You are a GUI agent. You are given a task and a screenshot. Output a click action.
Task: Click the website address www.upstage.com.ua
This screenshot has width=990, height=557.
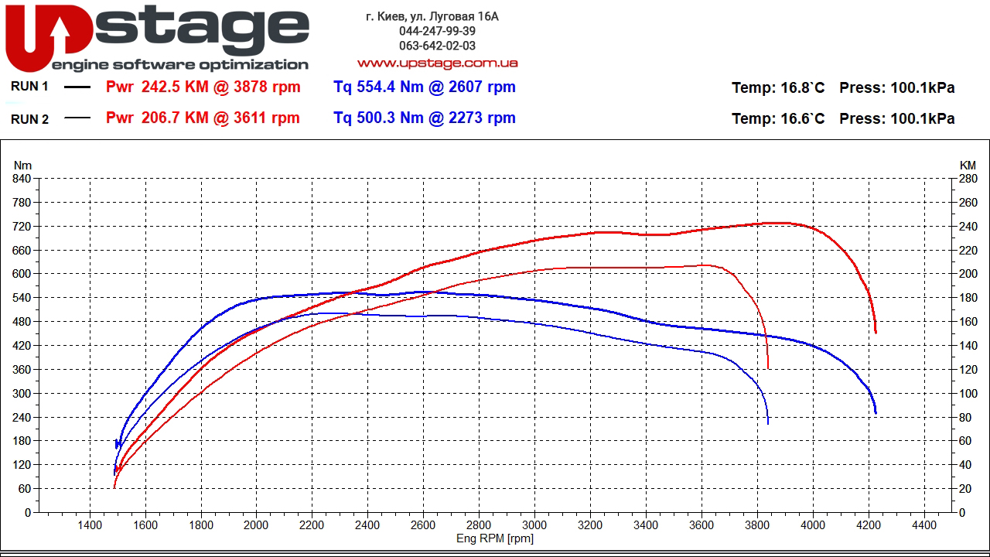click(x=437, y=63)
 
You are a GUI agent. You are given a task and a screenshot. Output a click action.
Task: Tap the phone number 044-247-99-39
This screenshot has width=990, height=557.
click(x=437, y=31)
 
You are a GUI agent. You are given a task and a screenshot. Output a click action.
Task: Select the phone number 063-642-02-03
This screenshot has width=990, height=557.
click(x=437, y=46)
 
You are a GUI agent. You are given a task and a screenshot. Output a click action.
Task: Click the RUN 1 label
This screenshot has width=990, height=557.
click(x=29, y=87)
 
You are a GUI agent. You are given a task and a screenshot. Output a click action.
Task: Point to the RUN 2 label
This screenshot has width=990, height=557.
click(x=29, y=118)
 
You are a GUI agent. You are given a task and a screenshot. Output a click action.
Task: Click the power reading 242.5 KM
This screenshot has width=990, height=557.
click(x=175, y=87)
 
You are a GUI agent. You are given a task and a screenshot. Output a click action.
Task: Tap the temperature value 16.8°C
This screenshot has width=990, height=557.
click(x=802, y=87)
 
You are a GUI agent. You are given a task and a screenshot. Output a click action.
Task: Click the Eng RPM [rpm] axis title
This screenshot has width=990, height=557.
click(x=495, y=538)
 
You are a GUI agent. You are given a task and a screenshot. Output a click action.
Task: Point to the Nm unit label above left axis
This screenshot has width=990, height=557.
click(x=23, y=165)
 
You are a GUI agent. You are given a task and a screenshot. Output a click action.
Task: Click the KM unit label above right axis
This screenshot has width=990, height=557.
click(x=968, y=165)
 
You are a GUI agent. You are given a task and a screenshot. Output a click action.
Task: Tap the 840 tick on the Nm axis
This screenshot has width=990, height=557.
click(x=22, y=179)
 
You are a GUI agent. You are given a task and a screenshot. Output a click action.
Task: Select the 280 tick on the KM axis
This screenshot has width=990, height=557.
click(x=968, y=179)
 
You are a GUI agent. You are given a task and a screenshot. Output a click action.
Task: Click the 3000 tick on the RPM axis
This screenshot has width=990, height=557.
click(x=534, y=525)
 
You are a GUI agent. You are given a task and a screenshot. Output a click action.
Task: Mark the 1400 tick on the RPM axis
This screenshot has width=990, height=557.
click(x=90, y=525)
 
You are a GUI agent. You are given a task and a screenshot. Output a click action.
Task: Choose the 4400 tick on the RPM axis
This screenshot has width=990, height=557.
click(x=924, y=525)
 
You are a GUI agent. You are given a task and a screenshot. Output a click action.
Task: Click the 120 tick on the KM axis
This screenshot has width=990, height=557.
click(x=968, y=370)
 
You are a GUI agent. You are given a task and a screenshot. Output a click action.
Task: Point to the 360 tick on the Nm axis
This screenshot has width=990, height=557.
click(x=22, y=370)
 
